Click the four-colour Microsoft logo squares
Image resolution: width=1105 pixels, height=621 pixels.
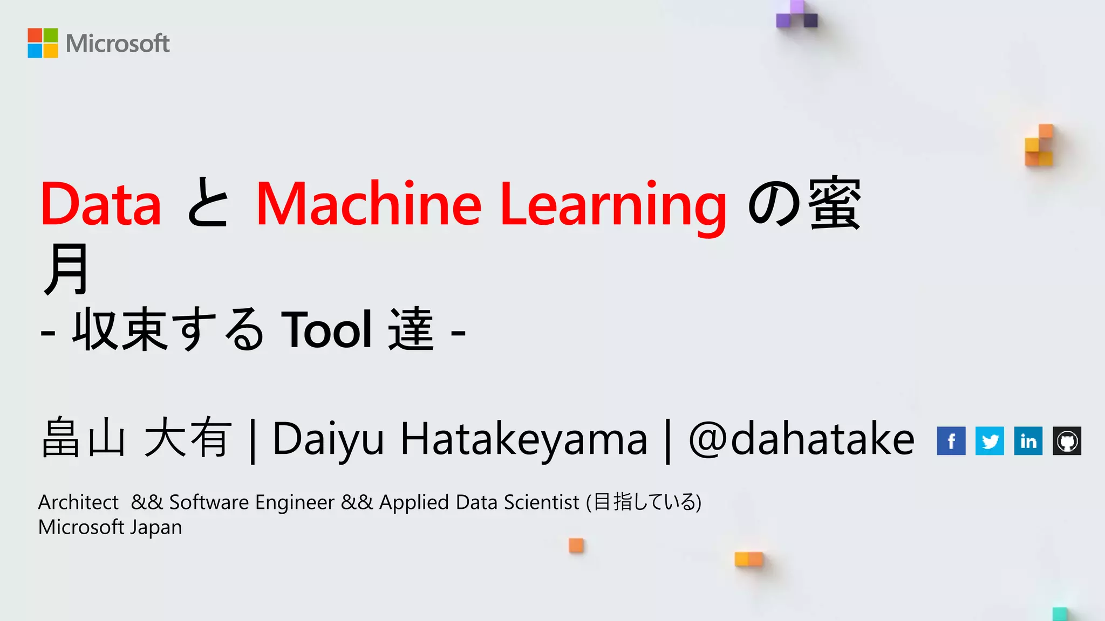[43, 43]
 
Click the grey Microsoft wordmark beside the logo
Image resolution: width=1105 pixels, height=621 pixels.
[118, 44]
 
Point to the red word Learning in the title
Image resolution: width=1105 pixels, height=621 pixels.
[613, 205]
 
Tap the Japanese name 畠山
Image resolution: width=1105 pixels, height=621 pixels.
[84, 438]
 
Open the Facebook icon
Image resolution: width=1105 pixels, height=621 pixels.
[951, 441]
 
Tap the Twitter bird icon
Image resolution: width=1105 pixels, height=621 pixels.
[990, 441]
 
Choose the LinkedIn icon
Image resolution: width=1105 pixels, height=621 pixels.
[1028, 441]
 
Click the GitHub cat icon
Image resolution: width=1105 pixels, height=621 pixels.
[1067, 441]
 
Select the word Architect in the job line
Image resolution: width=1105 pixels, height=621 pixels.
[78, 502]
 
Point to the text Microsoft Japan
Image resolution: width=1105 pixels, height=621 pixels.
[110, 527]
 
